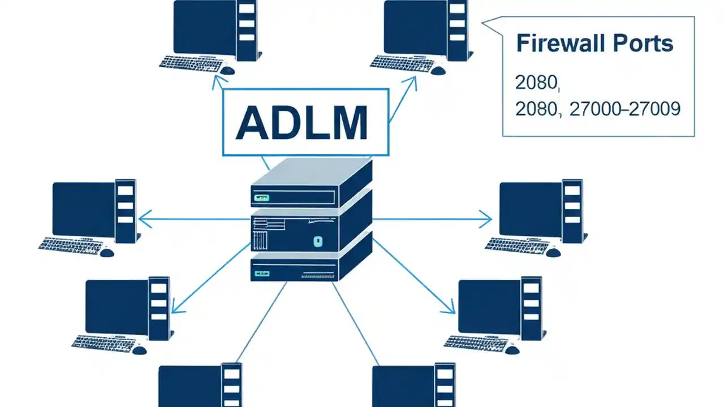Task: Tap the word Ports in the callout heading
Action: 645,44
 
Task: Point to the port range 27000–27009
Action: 624,109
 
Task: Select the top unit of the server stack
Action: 311,184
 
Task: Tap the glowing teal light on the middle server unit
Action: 317,241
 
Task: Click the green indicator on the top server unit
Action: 262,198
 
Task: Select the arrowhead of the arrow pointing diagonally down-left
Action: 174,310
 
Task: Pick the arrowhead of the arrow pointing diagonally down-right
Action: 451,310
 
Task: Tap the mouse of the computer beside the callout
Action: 438,70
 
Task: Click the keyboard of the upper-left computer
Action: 188,62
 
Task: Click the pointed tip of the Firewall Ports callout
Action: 482,23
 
